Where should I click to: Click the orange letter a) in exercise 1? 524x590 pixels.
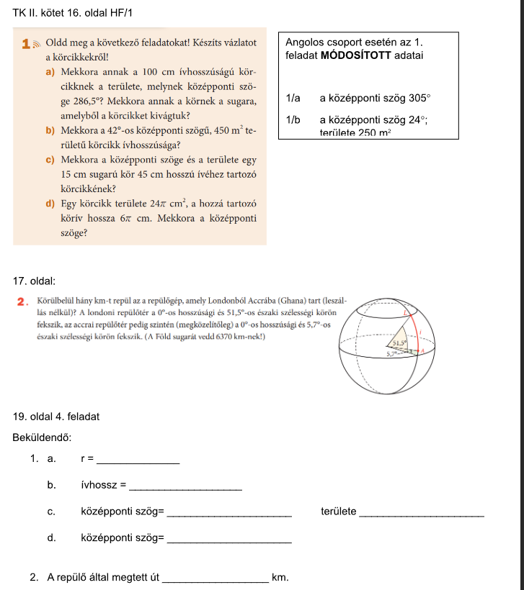coord(50,72)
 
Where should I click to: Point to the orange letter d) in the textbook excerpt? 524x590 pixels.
coord(50,204)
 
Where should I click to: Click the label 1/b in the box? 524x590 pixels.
coord(293,120)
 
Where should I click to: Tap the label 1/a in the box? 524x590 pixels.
coord(293,98)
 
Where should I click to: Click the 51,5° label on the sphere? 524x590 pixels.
coord(400,344)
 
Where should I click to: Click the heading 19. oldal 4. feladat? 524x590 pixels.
coord(56,416)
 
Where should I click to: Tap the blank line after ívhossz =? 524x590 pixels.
coord(185,489)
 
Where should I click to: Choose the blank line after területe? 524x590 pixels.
coord(421,515)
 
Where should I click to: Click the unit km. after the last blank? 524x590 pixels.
coord(280,577)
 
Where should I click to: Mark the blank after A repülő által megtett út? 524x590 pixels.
coord(216,580)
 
